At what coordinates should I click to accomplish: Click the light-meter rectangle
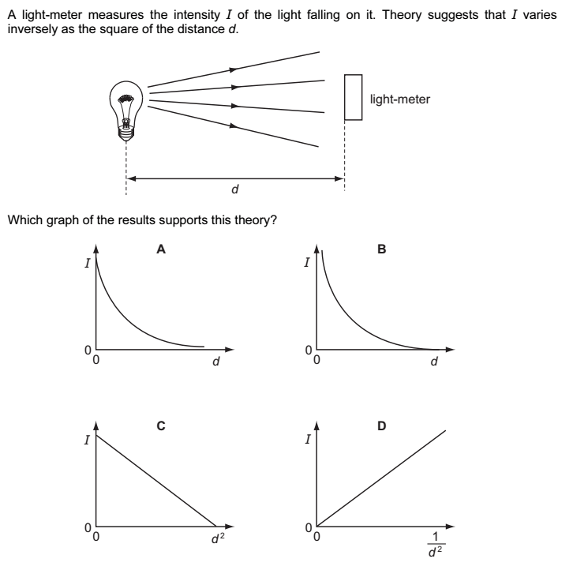coord(353,97)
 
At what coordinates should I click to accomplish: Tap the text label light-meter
coord(399,99)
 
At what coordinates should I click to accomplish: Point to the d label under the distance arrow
coord(235,190)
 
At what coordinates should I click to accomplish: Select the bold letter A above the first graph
coord(161,249)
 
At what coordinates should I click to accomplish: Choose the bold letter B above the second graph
coord(382,249)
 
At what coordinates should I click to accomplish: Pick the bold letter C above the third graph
coord(161,426)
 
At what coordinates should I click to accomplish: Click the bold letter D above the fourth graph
coord(382,426)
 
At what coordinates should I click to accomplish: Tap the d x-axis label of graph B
coord(434,362)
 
